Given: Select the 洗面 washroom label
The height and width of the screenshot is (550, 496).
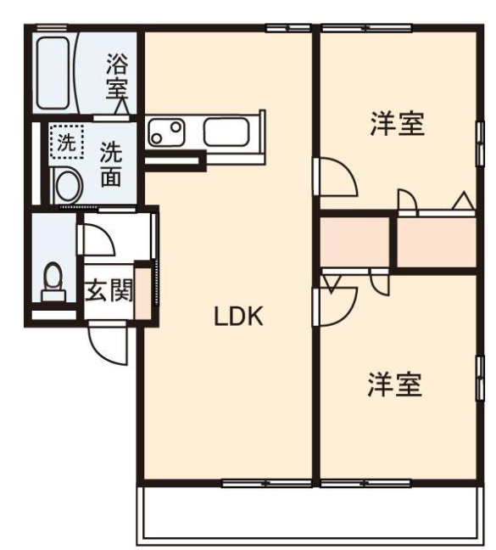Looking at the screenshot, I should point(111,166).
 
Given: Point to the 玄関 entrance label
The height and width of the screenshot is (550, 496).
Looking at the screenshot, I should point(109,292).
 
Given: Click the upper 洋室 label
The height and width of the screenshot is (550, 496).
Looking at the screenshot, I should point(396,125).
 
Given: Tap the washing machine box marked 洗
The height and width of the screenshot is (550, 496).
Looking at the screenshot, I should point(64,142).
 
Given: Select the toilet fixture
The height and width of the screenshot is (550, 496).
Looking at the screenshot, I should point(53,279).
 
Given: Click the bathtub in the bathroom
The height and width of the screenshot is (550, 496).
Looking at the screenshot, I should point(53,71).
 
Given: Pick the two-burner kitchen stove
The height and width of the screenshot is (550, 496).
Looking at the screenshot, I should point(167,132).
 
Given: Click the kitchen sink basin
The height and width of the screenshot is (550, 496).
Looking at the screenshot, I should point(226,132).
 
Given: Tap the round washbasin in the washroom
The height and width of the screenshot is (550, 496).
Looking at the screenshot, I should point(64,184).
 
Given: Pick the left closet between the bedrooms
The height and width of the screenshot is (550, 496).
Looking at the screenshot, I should point(355,242).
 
